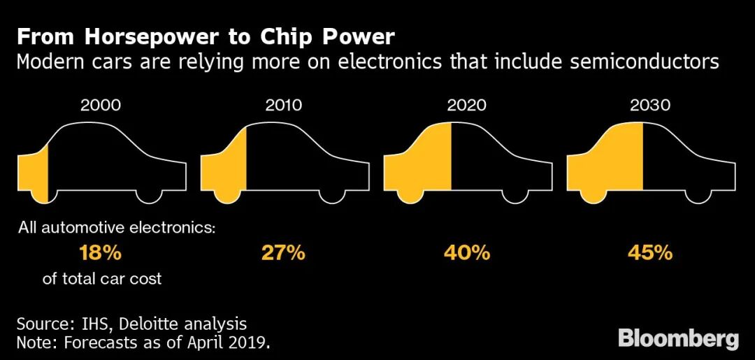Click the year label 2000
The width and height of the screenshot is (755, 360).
(101, 106)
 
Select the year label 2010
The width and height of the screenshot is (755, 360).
(284, 106)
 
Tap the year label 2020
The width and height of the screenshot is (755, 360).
(467, 106)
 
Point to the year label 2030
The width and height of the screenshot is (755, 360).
(650, 106)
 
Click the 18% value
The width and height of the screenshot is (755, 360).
(101, 252)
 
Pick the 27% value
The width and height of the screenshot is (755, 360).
(283, 252)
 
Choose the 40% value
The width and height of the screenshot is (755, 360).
(467, 252)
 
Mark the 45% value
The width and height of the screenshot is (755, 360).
(650, 252)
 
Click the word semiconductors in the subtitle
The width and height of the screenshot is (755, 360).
(645, 62)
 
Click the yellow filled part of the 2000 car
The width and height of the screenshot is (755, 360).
(32, 174)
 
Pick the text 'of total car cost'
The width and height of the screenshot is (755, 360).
(102, 279)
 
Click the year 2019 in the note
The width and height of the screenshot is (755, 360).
(253, 343)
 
